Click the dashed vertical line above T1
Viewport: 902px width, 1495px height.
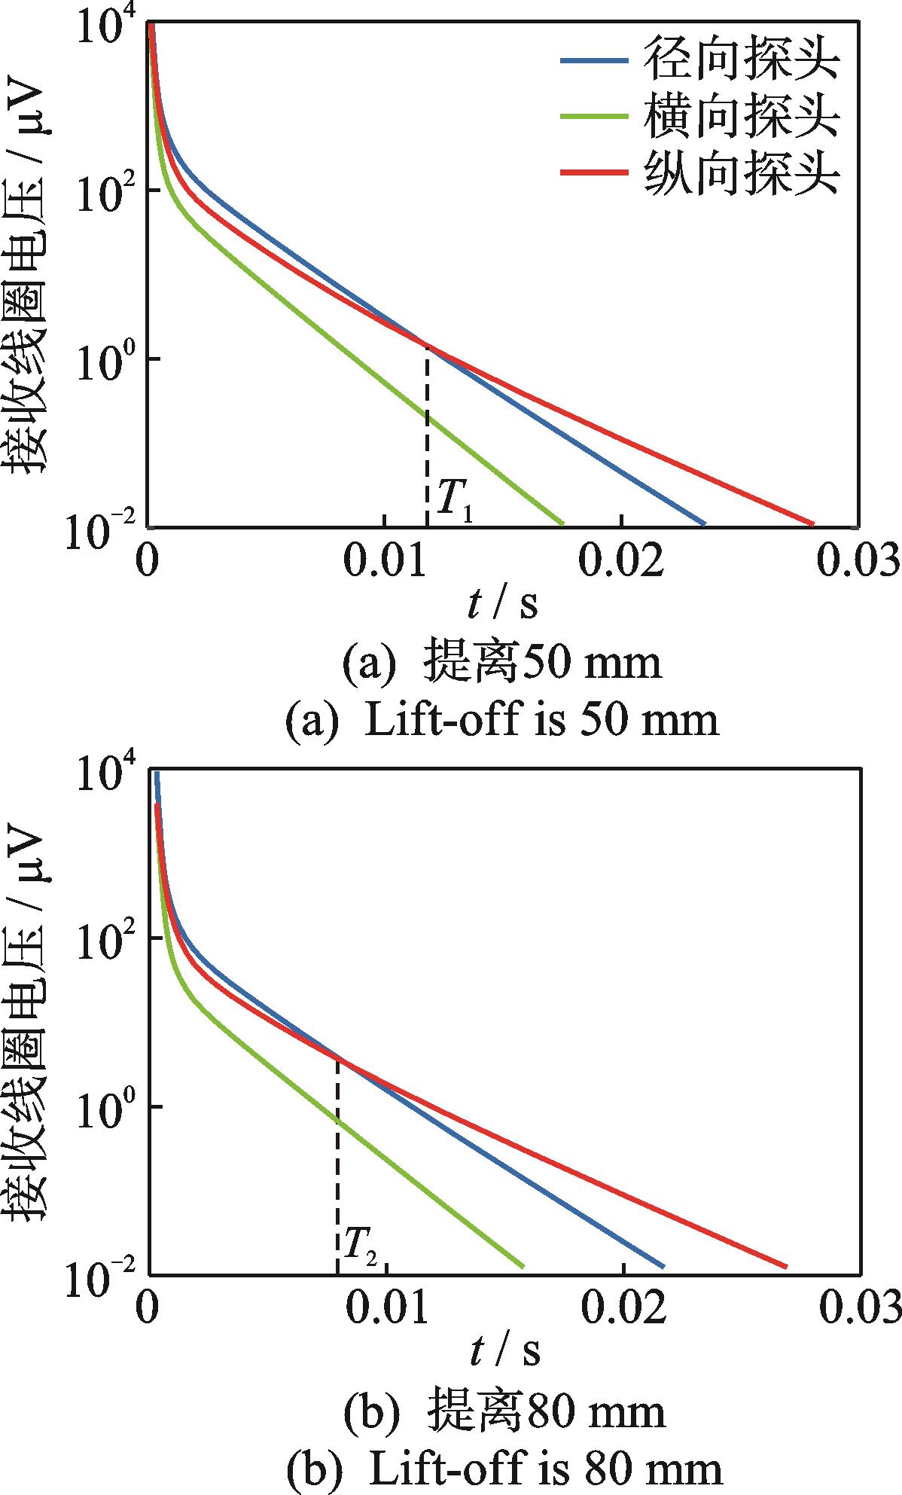click(x=427, y=437)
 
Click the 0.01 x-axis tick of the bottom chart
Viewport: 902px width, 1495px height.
click(x=385, y=1310)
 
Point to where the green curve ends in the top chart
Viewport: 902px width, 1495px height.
click(x=562, y=523)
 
